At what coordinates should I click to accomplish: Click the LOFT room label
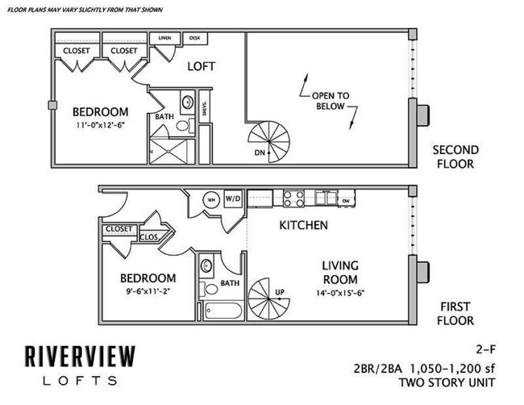coord(201,66)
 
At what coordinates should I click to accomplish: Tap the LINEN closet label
coord(165,38)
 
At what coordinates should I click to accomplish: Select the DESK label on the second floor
coord(194,38)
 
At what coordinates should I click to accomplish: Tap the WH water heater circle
coord(213,199)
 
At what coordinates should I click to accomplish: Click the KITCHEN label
coord(303,225)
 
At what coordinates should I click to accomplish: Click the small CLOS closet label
coord(149,237)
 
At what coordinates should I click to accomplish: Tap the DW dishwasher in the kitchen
coord(344,200)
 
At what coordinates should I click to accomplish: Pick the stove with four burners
coord(292,198)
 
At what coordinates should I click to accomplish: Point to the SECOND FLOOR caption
coord(455,157)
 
